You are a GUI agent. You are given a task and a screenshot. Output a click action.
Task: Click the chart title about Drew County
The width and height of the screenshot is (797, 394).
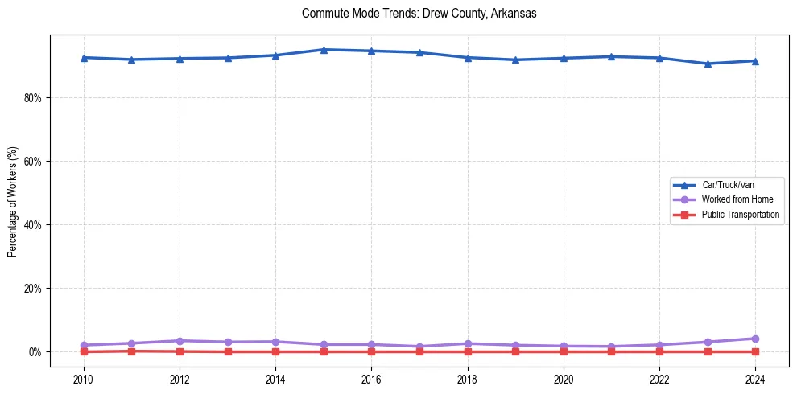point(419,14)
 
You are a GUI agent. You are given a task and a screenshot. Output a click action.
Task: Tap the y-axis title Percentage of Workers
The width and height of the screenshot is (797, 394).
point(12,202)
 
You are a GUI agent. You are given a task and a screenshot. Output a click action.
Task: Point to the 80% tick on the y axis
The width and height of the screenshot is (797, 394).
point(35,98)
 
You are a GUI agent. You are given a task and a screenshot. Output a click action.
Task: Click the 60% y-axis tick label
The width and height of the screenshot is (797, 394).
point(35,162)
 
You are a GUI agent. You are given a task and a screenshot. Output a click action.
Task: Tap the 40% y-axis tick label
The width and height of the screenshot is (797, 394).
point(35,225)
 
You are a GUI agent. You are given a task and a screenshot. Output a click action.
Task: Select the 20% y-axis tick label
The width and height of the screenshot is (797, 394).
point(35,289)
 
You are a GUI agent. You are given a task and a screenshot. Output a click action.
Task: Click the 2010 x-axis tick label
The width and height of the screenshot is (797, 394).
point(84,378)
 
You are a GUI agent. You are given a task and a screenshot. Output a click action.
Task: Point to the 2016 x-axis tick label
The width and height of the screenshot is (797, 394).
point(371,378)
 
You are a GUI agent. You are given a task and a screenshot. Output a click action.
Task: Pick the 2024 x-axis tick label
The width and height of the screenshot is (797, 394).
point(755,378)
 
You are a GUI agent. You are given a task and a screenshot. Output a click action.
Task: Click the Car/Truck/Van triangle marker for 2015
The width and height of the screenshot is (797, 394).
point(324,50)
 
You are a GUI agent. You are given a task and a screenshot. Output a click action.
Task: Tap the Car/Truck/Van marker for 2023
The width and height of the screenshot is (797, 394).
point(708,64)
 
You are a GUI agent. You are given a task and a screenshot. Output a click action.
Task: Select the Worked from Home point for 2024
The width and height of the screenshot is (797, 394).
point(755,339)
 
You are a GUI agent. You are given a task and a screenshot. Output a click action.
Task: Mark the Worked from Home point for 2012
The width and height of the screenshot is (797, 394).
point(180,341)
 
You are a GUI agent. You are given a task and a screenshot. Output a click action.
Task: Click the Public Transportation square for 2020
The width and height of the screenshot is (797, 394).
point(564,351)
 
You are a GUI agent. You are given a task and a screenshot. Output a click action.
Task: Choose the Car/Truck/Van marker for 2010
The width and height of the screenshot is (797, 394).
point(84,58)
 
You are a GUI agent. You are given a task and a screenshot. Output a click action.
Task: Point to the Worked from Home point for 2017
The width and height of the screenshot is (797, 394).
point(419,347)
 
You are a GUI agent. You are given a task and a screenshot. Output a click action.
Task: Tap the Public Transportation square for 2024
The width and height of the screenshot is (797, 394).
point(755,351)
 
